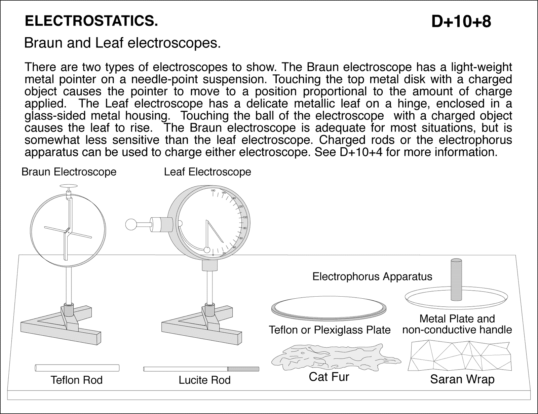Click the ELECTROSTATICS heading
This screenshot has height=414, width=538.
91,22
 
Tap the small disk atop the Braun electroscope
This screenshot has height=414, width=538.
68,186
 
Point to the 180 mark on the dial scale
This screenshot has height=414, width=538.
213,191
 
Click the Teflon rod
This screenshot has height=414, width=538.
77,368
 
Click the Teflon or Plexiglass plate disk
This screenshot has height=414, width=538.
328,308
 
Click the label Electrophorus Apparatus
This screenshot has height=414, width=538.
372,277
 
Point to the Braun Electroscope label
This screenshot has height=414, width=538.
69,172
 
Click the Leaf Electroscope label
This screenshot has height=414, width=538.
207,172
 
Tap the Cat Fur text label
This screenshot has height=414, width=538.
329,377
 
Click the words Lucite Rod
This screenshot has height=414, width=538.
204,380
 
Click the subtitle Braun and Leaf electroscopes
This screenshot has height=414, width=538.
122,43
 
